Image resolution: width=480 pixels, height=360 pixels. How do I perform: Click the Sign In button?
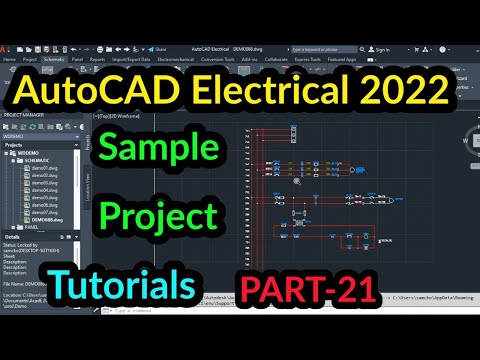point(378,46)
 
